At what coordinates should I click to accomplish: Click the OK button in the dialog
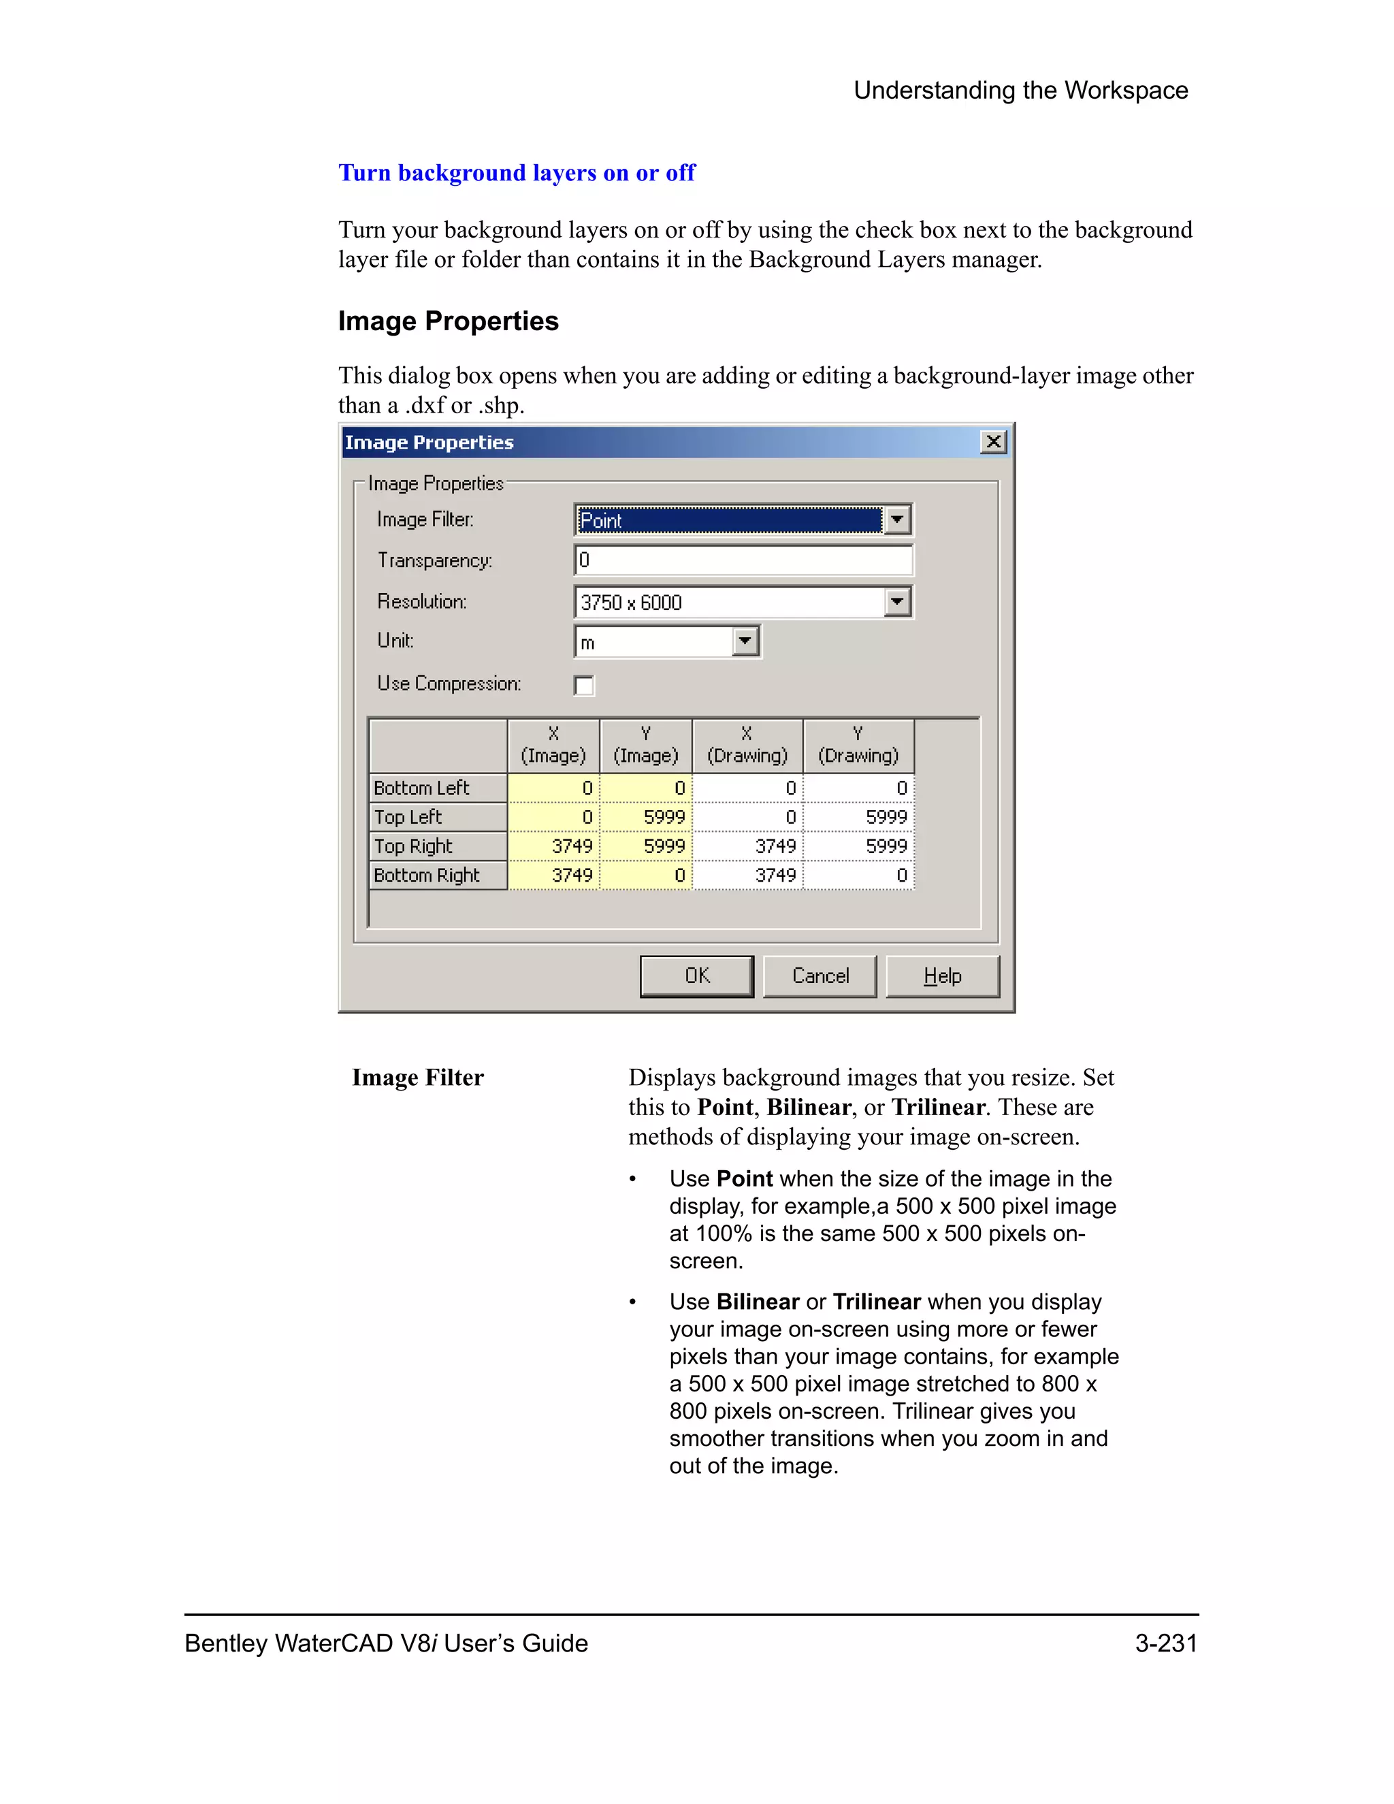coord(696,976)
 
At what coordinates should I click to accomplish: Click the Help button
coord(942,976)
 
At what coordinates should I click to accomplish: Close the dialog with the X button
coord(994,442)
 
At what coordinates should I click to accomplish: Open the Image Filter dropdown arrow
coord(897,520)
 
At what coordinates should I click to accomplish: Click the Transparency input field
coord(743,560)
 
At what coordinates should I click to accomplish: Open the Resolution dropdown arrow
coord(897,601)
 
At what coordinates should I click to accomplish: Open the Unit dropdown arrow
coord(745,641)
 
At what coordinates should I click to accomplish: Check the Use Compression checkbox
coord(584,685)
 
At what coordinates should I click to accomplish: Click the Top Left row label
coord(438,817)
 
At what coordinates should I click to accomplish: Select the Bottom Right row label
coord(438,875)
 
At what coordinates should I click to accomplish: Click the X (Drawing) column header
coord(747,745)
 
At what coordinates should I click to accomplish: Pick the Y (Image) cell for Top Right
coord(647,845)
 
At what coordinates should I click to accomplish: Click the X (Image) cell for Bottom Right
coord(554,875)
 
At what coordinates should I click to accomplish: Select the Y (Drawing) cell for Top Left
coord(859,817)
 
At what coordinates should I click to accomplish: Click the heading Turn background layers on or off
coord(517,173)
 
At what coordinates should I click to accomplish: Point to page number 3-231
coord(1165,1643)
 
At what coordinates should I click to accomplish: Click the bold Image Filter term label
coord(418,1077)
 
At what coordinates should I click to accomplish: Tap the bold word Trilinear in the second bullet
coord(876,1302)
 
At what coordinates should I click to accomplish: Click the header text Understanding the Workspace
coord(1021,90)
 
